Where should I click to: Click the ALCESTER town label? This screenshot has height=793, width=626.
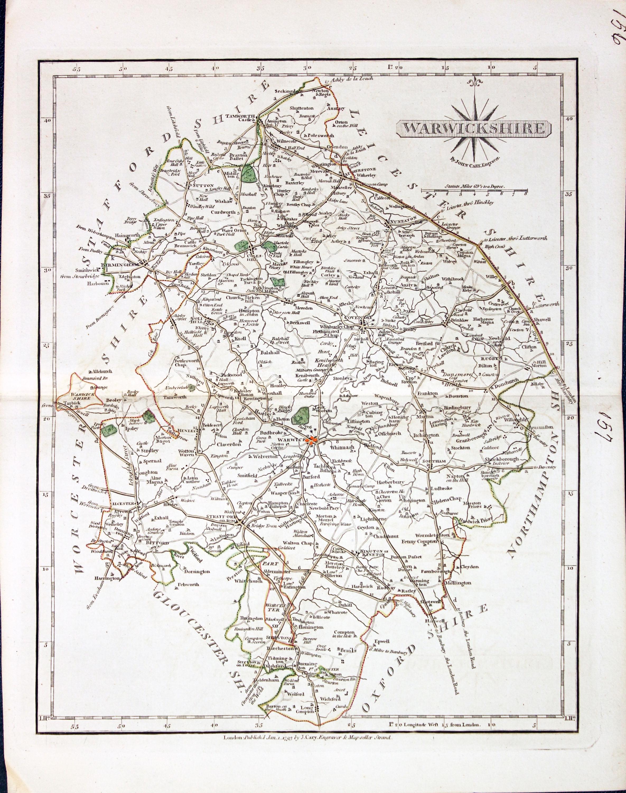(125, 504)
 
